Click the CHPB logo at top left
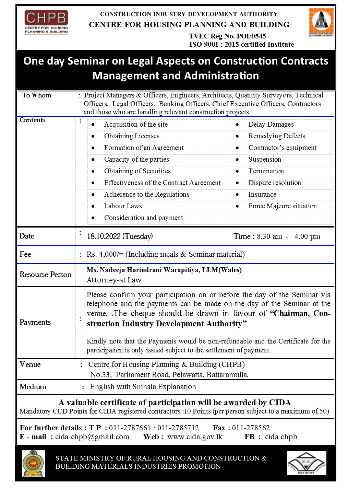click(x=46, y=22)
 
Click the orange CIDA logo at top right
click(x=321, y=22)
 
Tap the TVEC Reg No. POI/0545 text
click(x=227, y=36)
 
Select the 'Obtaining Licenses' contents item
click(x=132, y=136)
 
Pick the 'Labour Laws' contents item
click(x=123, y=206)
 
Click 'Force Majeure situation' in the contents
click(x=283, y=206)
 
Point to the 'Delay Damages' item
click(x=271, y=125)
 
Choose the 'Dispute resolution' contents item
click(x=275, y=183)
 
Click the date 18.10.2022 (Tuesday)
click(x=120, y=236)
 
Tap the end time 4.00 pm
click(x=307, y=236)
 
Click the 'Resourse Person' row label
click(x=46, y=275)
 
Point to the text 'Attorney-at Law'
click(x=114, y=280)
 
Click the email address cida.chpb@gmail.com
click(x=92, y=437)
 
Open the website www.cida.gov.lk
click(x=195, y=437)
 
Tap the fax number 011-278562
click(x=251, y=428)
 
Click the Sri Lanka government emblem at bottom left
click(x=33, y=464)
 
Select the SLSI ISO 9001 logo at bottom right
click(x=307, y=463)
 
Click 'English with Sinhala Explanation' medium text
click(x=143, y=387)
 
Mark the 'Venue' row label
click(x=30, y=364)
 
